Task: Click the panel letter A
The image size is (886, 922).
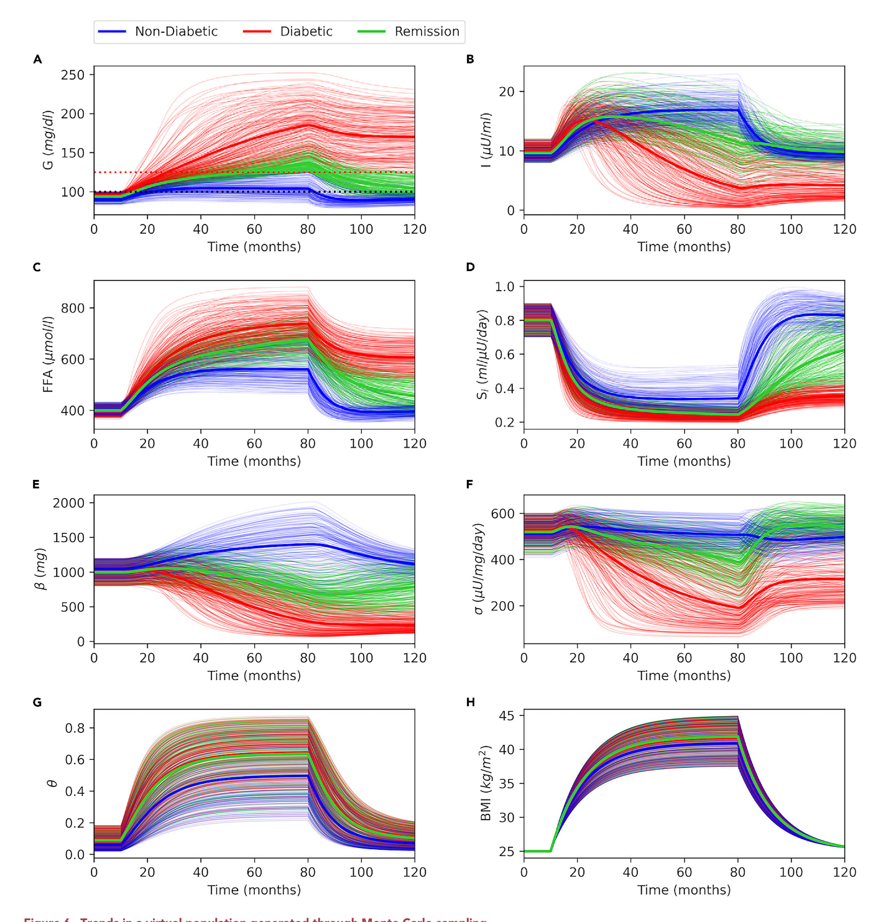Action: [38, 60]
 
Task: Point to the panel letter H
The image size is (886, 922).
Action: [470, 703]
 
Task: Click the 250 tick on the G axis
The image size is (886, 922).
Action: [73, 75]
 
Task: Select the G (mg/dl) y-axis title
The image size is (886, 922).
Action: [48, 140]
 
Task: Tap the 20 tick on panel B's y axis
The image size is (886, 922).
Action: [507, 91]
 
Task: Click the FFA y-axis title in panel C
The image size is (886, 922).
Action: [48, 354]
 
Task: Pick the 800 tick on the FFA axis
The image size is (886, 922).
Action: [73, 308]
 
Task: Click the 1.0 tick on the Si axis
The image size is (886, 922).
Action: [504, 287]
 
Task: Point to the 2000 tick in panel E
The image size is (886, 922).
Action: [69, 503]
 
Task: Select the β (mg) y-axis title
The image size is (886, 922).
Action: [41, 569]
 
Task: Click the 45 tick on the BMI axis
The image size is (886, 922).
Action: [507, 716]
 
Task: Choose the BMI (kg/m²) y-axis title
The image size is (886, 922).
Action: [486, 783]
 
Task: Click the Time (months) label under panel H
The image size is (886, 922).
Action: [684, 890]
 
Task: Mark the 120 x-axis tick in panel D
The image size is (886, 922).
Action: [844, 444]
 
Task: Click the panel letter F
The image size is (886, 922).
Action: [470, 485]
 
